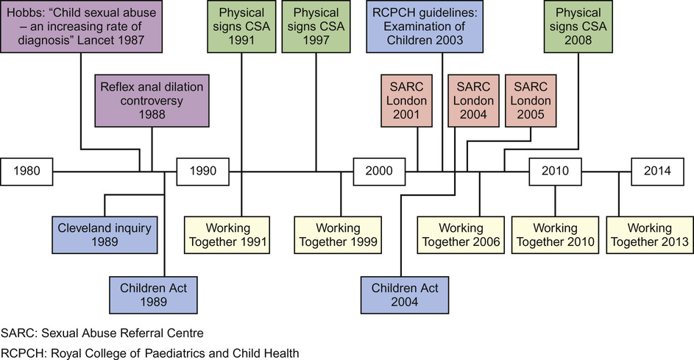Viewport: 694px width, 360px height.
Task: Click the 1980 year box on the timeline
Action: point(30,172)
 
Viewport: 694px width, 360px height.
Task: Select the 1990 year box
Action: point(202,172)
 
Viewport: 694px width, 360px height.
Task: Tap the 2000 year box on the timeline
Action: point(379,172)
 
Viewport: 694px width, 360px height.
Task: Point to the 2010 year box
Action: point(556,172)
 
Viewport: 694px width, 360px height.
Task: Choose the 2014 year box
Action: point(658,172)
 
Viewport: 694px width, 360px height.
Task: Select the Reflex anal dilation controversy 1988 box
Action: point(152,101)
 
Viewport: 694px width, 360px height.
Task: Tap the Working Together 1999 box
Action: point(341,235)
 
